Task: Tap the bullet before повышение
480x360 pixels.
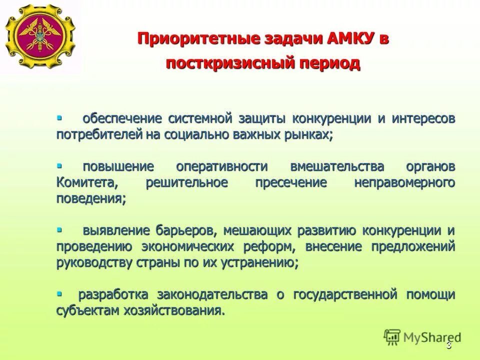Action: (59, 164)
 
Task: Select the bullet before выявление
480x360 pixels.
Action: (59, 229)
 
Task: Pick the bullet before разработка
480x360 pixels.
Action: (59, 293)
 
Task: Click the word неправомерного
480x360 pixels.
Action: (404, 182)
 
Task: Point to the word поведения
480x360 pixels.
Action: (90, 198)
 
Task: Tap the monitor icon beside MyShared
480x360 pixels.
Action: (392, 337)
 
